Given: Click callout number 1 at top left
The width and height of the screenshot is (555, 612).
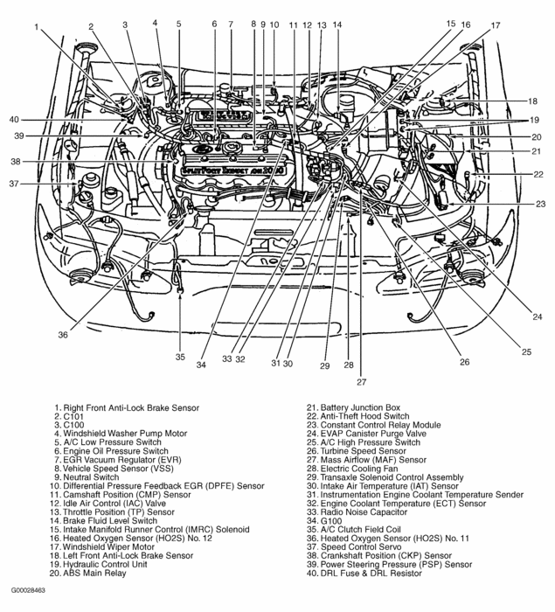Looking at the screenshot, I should [38, 27].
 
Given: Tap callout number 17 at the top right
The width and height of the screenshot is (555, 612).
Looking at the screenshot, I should [496, 25].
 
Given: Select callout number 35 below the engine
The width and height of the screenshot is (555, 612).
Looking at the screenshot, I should [180, 356].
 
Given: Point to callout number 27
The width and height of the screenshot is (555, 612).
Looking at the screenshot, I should [361, 381].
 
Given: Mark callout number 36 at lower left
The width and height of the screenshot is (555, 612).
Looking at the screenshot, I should [63, 333].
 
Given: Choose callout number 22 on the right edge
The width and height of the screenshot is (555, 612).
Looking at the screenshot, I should [539, 174].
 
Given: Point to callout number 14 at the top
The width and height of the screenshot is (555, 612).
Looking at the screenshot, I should [337, 24].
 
